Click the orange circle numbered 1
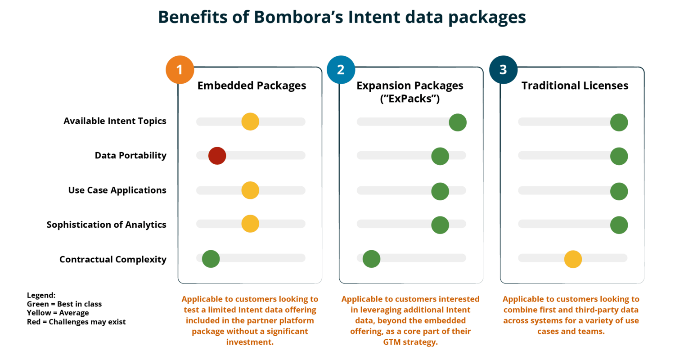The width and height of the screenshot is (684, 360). [180, 70]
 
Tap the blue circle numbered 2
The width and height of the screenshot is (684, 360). [341, 70]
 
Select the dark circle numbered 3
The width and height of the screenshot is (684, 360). [503, 70]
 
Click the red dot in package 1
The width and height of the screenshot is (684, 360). [217, 156]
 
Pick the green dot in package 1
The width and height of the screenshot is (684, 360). [211, 259]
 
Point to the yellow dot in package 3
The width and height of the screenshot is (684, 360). [573, 259]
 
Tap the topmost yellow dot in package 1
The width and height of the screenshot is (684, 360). [250, 121]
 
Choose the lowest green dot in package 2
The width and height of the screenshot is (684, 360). [371, 259]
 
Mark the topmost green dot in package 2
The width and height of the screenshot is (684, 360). [458, 122]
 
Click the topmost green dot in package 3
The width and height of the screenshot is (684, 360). [619, 122]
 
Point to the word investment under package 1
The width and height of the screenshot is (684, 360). [249, 342]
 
